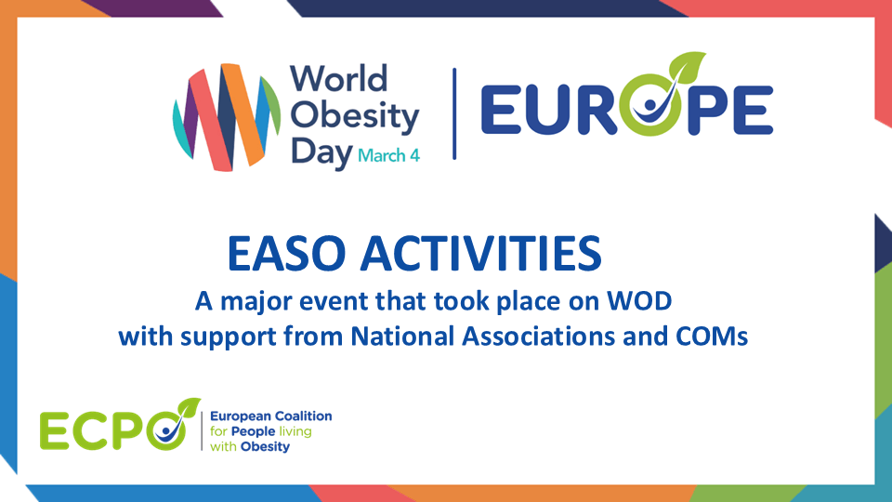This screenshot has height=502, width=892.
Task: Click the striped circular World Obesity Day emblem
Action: (x=227, y=115)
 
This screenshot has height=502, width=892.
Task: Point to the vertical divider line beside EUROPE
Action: (x=454, y=113)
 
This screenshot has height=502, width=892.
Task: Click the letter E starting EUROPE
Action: (x=502, y=111)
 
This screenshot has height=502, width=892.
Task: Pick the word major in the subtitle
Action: (x=253, y=301)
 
